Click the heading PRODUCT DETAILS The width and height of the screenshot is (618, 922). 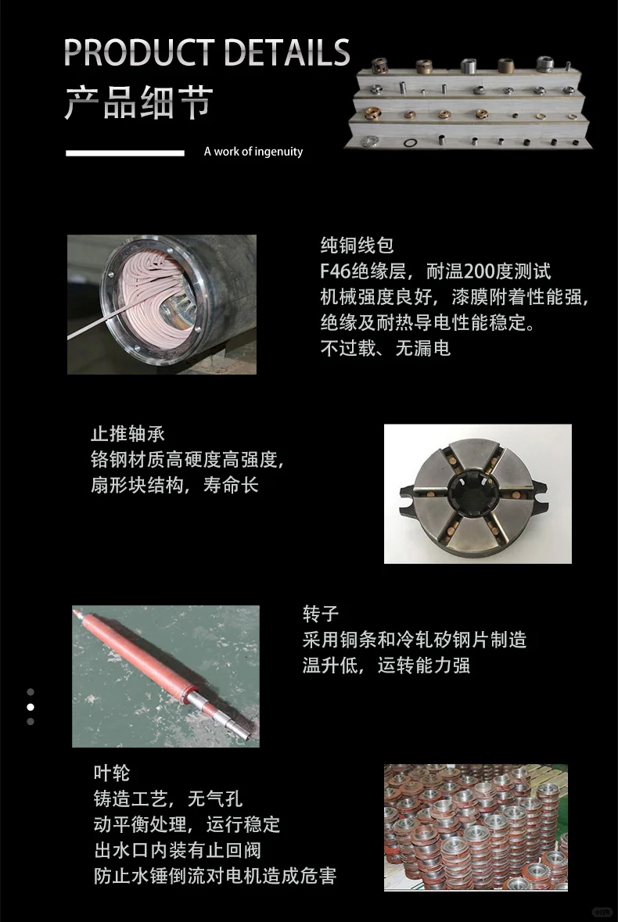[x=207, y=52]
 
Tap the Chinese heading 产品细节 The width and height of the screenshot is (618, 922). [x=138, y=103]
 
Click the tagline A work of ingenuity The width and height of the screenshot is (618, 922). [x=253, y=152]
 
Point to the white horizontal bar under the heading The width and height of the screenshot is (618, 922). [x=124, y=152]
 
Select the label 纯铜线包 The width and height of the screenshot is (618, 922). [x=357, y=246]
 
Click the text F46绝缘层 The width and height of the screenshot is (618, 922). [x=365, y=271]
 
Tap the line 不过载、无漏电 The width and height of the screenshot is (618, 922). [x=385, y=348]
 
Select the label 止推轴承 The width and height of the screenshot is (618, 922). [x=128, y=434]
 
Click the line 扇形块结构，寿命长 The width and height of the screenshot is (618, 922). [x=174, y=485]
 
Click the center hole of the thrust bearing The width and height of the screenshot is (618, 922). [x=474, y=494]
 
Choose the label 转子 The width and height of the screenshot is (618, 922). [x=321, y=614]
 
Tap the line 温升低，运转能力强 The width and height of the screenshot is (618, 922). [x=386, y=665]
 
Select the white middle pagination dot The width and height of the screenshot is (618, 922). [x=31, y=706]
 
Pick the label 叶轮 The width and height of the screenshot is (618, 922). [x=111, y=773]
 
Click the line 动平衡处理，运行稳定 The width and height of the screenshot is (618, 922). [x=186, y=824]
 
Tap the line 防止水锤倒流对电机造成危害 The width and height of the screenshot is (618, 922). [x=214, y=875]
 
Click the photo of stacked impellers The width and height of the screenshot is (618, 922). [x=475, y=827]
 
